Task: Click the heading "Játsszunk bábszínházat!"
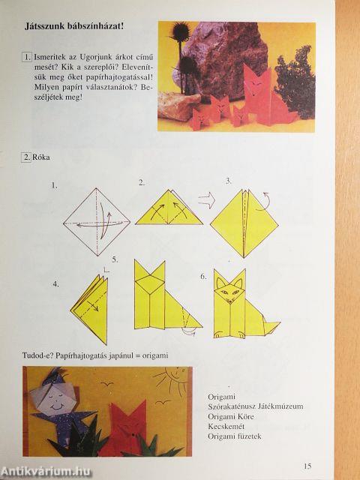pyautogui.click(x=74, y=26)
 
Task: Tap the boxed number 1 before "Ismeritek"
pyautogui.click(x=27, y=57)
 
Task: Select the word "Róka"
pyautogui.click(x=41, y=157)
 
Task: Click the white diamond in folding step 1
pyautogui.click(x=97, y=222)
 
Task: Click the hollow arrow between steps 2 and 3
pyautogui.click(x=207, y=200)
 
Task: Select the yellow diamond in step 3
pyautogui.click(x=244, y=223)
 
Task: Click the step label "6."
pyautogui.click(x=203, y=277)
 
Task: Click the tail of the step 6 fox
pyautogui.click(x=271, y=328)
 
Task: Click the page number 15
pyautogui.click(x=307, y=466)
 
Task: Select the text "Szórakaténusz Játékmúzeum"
pyautogui.click(x=256, y=406)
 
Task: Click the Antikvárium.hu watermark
pyautogui.click(x=46, y=472)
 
